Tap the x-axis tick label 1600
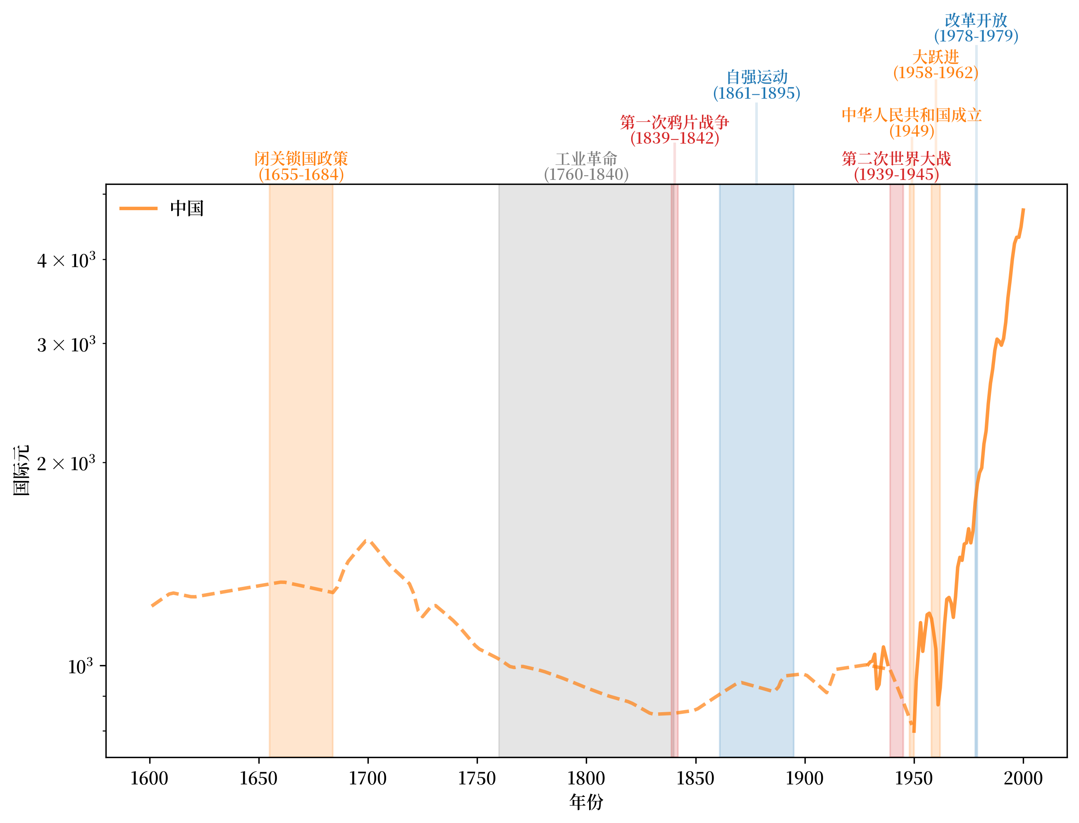point(149,778)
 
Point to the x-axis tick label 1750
point(477,778)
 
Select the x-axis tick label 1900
point(804,778)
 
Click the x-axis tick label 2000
point(1023,778)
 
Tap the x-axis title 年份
point(586,802)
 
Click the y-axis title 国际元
point(21,470)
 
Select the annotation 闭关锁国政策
point(301,159)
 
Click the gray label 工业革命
point(586,159)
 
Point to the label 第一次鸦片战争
point(675,122)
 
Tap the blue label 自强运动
point(757,77)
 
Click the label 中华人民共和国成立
point(912,115)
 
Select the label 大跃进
point(936,57)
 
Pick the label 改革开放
point(976,20)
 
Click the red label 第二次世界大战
point(896,159)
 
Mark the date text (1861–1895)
point(757,93)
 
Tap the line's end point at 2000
point(1023,209)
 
